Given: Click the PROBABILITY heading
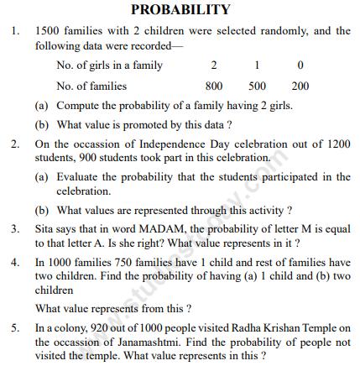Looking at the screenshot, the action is click(180, 10).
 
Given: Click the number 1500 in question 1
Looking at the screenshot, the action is click(48, 32).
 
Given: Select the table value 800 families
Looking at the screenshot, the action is click(215, 86).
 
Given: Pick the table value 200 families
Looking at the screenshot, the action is click(300, 86).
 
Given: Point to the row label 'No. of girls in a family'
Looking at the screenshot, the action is click(110, 65).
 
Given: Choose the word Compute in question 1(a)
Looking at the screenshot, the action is click(75, 105).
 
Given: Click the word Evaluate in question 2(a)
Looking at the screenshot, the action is click(76, 176).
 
